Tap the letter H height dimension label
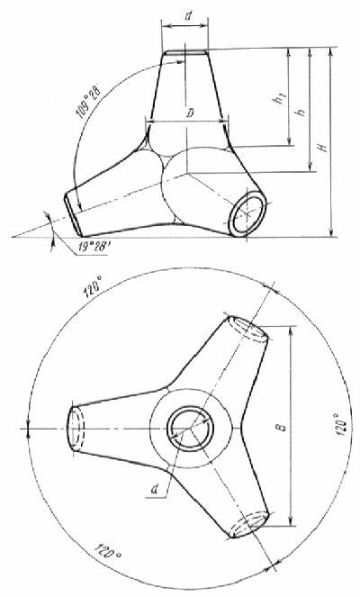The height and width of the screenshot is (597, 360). tap(324, 147)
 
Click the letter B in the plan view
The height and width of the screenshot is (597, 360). tap(282, 427)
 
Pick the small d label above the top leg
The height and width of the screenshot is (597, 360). tap(187, 17)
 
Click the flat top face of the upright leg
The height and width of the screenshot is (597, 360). tap(184, 52)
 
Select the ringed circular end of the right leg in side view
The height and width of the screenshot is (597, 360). tap(247, 212)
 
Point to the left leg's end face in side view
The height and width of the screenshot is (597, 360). tap(72, 213)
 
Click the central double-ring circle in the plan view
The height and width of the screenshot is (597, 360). tap(190, 429)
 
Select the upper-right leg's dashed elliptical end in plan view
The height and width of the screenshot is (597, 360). tap(247, 328)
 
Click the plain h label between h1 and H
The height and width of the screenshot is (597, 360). tap(301, 112)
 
